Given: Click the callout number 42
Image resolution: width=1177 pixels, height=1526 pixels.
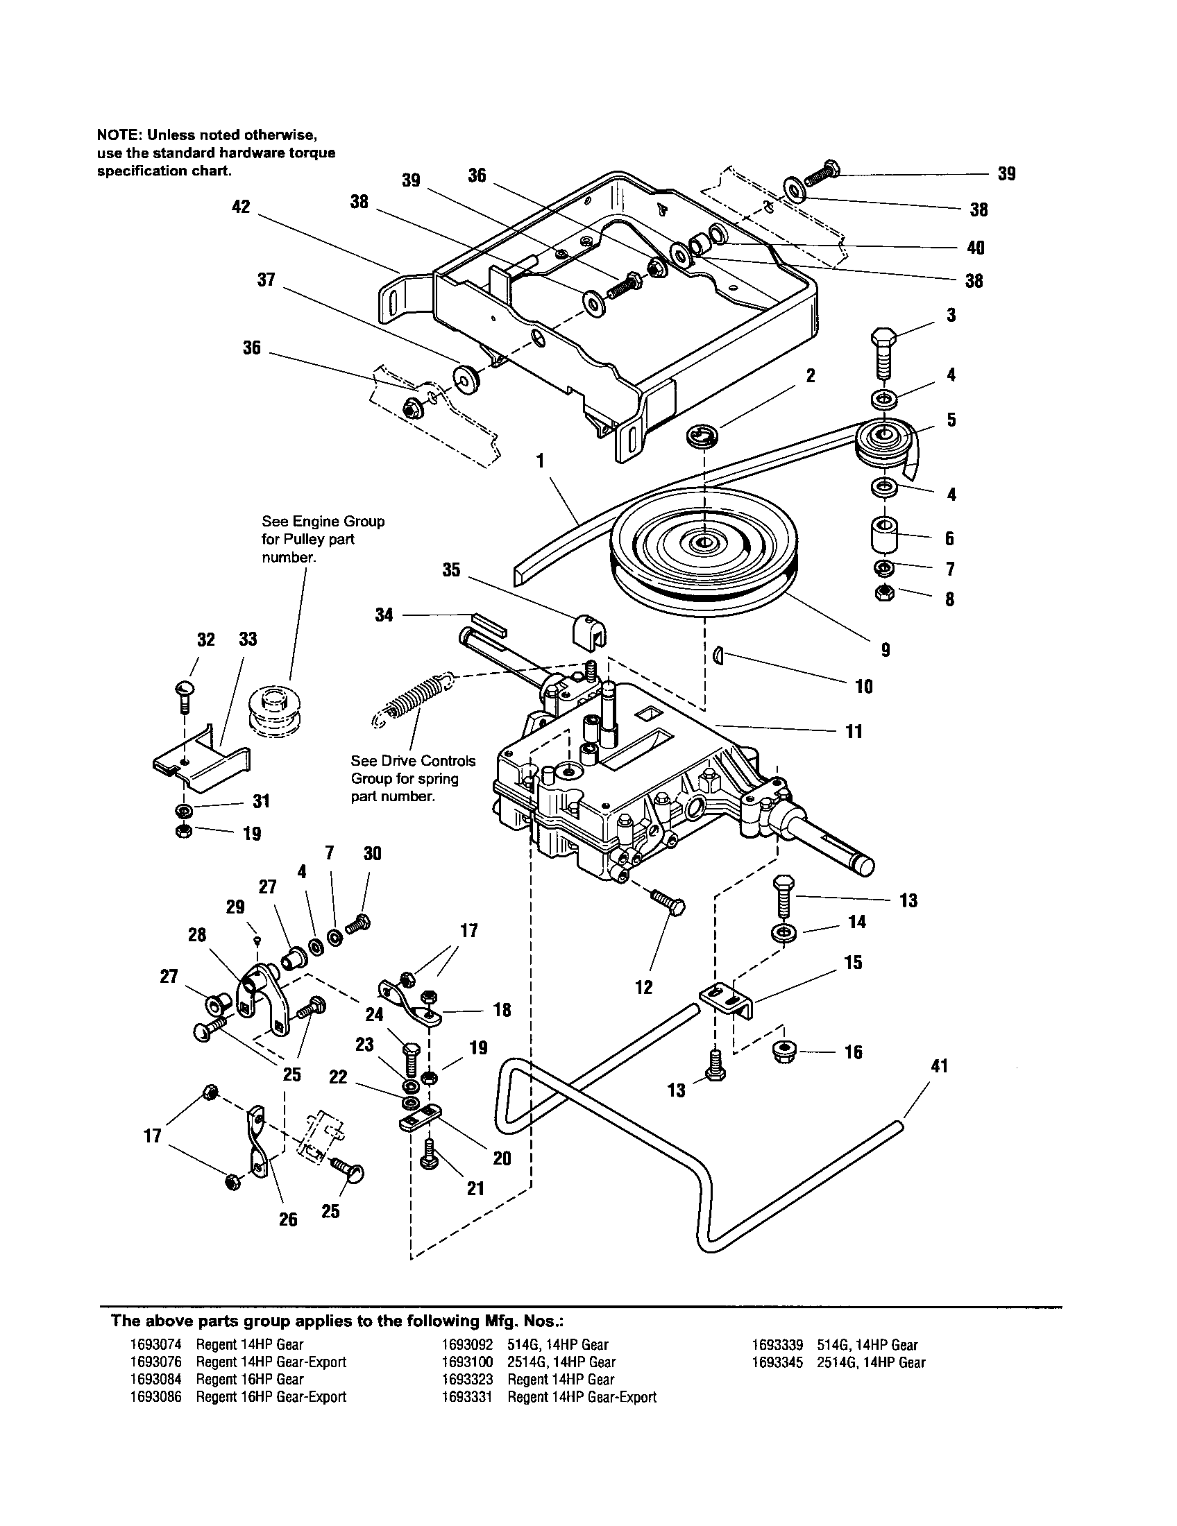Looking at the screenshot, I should point(240,207).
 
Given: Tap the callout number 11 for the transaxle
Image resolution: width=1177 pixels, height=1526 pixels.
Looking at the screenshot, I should point(854,732).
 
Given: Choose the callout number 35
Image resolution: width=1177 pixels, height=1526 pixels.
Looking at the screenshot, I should point(452,569).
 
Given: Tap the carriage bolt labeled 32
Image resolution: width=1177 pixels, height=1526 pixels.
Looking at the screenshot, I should point(185,693).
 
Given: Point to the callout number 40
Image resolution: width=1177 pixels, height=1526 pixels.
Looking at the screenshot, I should point(975,248).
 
